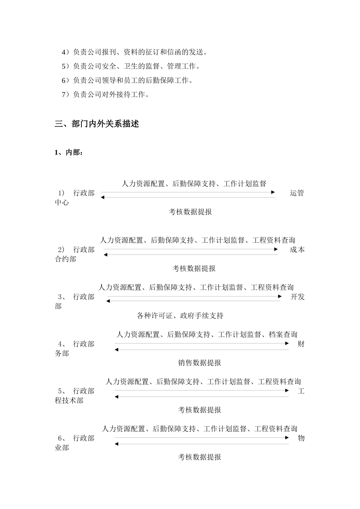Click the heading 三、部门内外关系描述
tap(97, 124)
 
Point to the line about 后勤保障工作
tap(127, 80)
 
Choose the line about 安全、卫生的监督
tap(131, 66)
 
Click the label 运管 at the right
tap(297, 193)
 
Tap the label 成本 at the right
tap(297, 250)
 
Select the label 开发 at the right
tap(297, 297)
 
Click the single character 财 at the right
tap(301, 344)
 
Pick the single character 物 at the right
tap(301, 438)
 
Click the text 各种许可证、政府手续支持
tap(180, 315)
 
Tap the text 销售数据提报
tap(199, 363)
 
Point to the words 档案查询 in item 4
tap(283, 334)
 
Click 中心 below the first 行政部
tap(62, 203)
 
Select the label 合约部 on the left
tap(66, 259)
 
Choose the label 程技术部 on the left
tap(69, 401)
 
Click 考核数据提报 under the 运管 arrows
tap(190, 212)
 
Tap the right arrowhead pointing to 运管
tap(273, 192)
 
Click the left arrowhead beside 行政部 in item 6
tap(117, 444)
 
